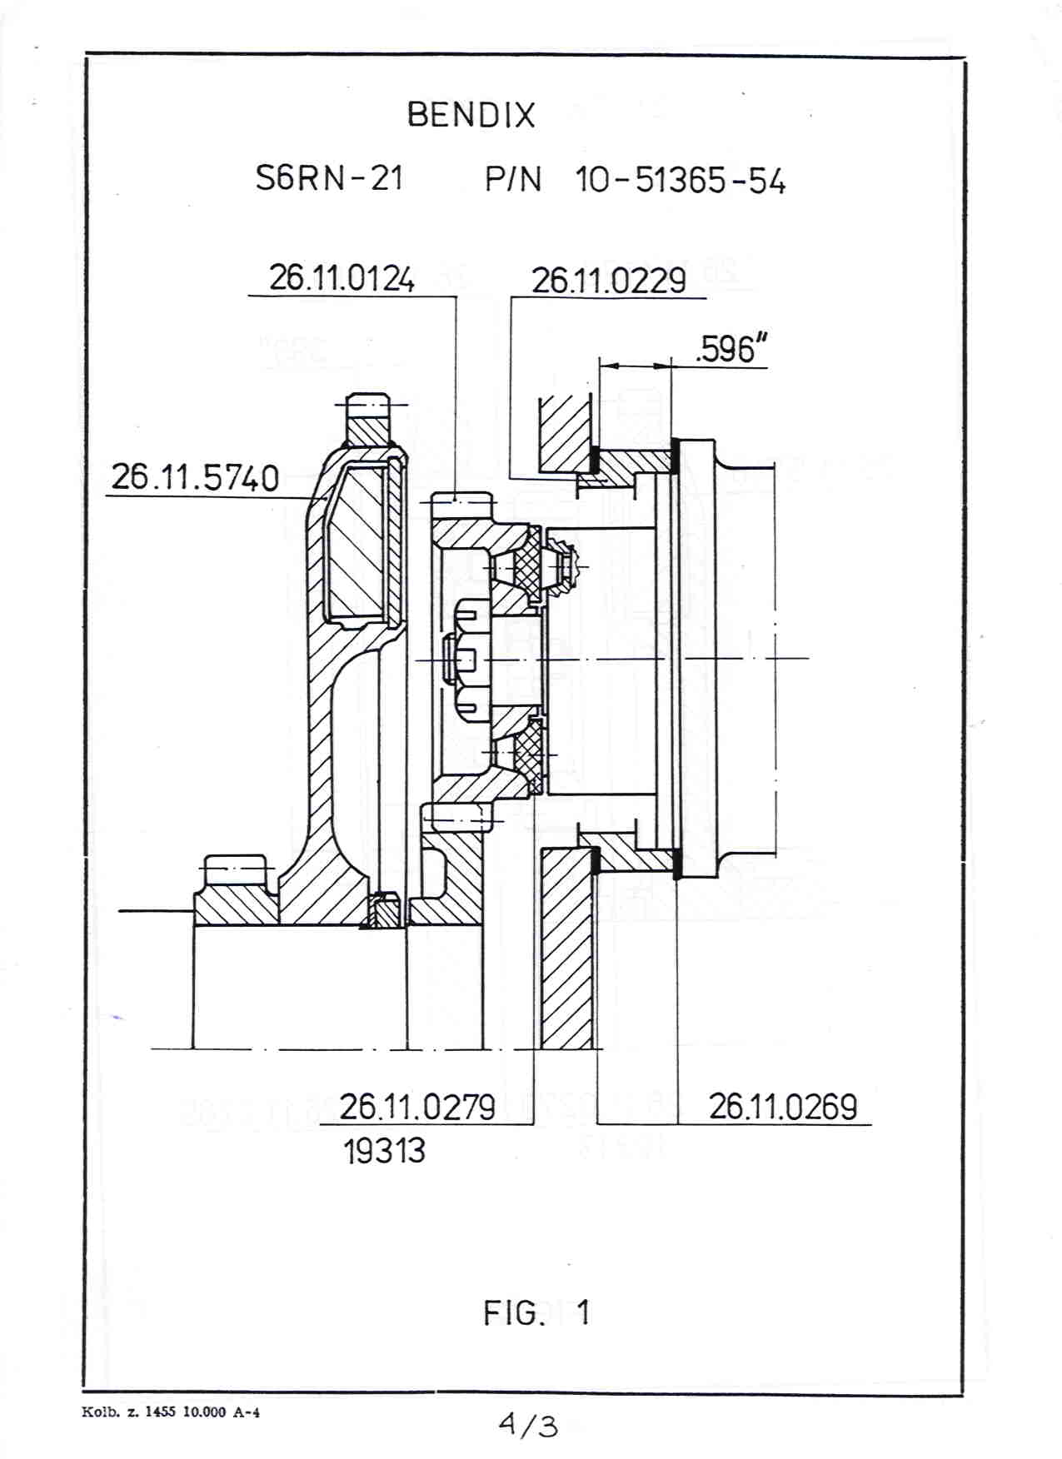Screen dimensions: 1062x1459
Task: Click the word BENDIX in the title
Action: tap(471, 115)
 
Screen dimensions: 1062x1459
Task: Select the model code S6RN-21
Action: tap(329, 178)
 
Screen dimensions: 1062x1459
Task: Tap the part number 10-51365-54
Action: tap(680, 181)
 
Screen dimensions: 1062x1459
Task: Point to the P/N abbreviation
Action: tap(513, 180)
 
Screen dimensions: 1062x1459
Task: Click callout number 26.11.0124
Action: tap(342, 278)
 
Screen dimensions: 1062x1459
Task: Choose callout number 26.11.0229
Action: tap(609, 281)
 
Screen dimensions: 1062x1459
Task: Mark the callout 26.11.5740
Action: tap(195, 478)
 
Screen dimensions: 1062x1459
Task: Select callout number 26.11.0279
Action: tap(417, 1107)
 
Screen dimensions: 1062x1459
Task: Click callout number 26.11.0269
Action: tap(783, 1107)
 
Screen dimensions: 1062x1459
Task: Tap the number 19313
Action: tap(384, 1151)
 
